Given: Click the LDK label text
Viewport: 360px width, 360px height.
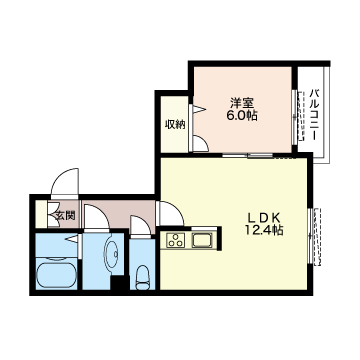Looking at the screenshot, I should coord(265,218).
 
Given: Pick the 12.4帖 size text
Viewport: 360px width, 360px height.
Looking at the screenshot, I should coord(265,232).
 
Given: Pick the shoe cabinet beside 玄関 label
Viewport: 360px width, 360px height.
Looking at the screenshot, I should coord(45,214).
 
